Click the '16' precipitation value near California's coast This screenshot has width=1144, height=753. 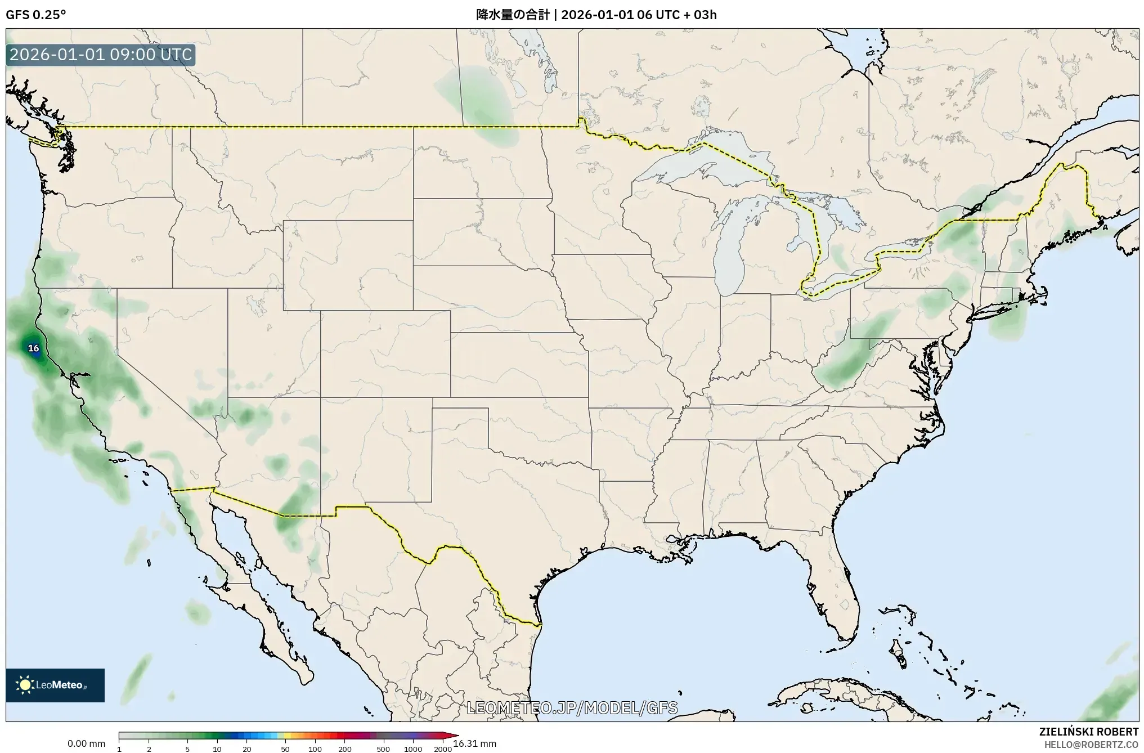click(x=34, y=348)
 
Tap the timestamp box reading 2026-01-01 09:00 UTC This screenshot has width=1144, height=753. click(x=101, y=55)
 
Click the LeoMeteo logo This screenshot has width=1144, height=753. click(x=55, y=685)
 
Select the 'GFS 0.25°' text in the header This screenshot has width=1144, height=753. click(x=35, y=15)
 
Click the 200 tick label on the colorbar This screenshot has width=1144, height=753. click(x=345, y=749)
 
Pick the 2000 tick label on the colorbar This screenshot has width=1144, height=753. click(x=443, y=749)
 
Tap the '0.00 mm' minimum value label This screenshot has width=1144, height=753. click(x=86, y=744)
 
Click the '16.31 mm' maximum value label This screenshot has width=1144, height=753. click(x=475, y=744)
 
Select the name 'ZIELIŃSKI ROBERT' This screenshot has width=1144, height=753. click(x=1089, y=732)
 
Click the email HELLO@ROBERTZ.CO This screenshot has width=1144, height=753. click(x=1091, y=745)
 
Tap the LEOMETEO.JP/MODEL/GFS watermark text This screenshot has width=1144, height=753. click(x=572, y=708)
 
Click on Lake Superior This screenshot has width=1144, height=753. click(x=698, y=163)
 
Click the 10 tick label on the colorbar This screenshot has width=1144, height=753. click(x=217, y=749)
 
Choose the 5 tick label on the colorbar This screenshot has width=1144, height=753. click(x=187, y=749)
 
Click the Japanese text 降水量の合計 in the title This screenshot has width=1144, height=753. click(x=512, y=15)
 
